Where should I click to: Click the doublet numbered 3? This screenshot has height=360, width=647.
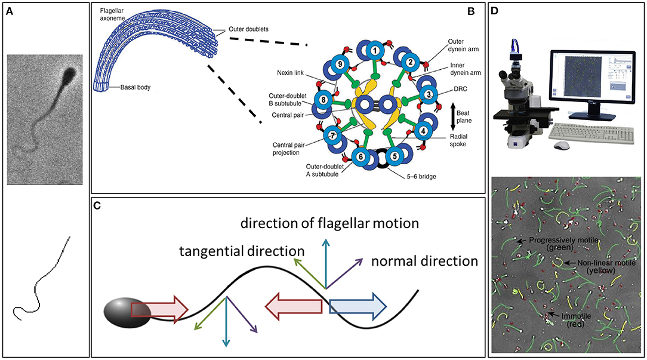click(426, 95)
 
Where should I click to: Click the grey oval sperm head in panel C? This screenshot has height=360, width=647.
click(128, 313)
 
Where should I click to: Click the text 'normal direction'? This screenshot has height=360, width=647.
click(424, 261)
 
